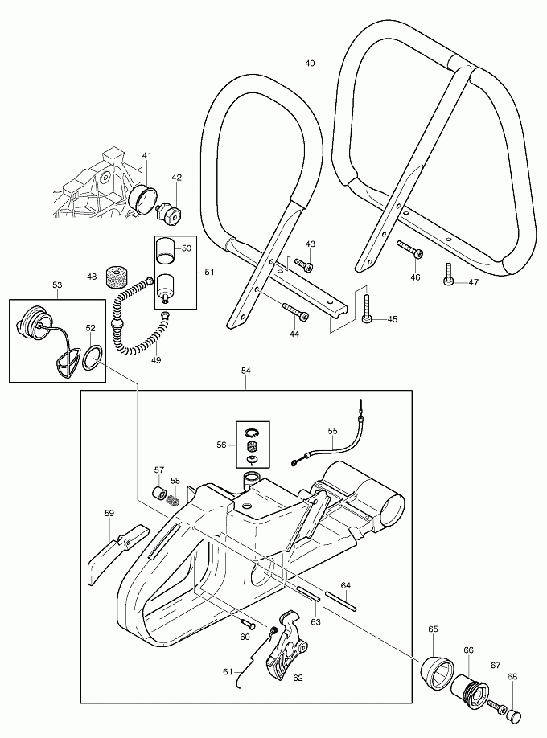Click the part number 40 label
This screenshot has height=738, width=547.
click(311, 62)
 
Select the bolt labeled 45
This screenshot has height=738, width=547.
click(368, 310)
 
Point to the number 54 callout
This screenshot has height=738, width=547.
click(246, 371)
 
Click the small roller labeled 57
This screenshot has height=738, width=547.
click(160, 493)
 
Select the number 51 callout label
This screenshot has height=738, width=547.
click(209, 273)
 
